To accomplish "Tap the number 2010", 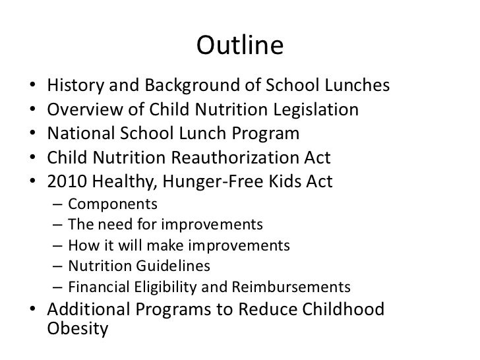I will click(x=69, y=181).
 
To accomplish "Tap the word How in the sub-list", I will click(x=81, y=247).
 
